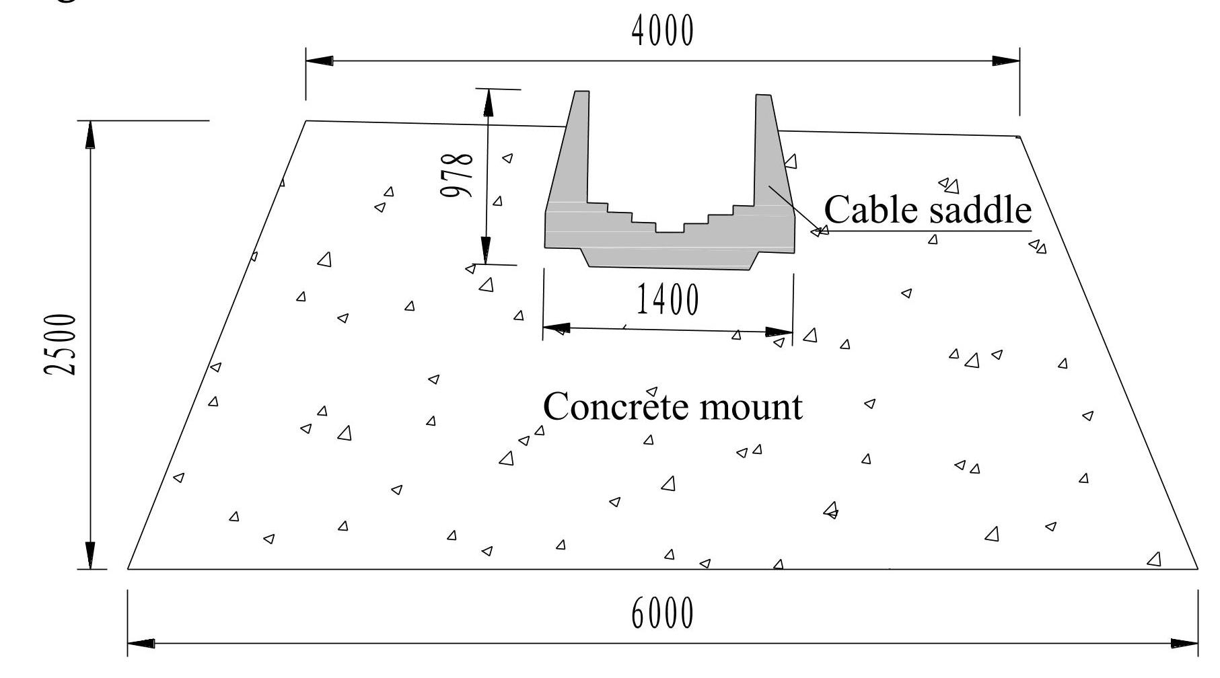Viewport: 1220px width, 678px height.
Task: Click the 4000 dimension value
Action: point(662,32)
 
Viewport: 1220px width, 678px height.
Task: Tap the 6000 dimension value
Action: point(662,613)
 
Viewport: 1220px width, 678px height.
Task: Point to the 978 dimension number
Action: point(457,176)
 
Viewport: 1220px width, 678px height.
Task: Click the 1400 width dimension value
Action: point(668,300)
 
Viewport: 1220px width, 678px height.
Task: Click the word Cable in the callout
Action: point(871,210)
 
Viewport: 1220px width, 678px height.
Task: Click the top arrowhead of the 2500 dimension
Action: point(90,135)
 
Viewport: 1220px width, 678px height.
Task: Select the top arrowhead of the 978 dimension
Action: point(488,102)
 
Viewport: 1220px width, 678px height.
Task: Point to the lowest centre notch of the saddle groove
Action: point(670,228)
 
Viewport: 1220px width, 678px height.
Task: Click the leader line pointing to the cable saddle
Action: point(794,209)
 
